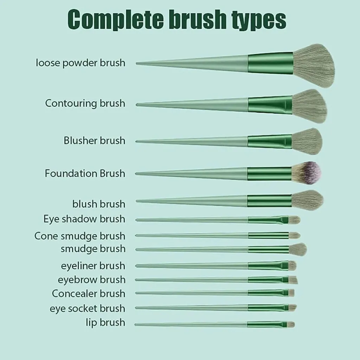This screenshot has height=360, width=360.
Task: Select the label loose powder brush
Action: click(x=81, y=63)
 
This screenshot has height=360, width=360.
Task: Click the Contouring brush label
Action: click(x=85, y=103)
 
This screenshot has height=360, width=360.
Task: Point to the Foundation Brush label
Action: click(x=85, y=173)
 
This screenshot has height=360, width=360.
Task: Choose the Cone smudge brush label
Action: click(x=80, y=236)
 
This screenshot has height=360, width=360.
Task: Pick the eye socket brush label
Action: click(x=87, y=308)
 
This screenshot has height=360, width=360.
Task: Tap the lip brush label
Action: click(x=105, y=322)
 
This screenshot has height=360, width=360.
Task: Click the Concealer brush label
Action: click(x=89, y=293)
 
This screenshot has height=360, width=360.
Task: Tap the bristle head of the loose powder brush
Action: click(x=314, y=65)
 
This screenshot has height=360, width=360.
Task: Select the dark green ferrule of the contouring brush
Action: click(x=270, y=104)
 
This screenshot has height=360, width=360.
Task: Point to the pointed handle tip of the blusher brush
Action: click(x=138, y=142)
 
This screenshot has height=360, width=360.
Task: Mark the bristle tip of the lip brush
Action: click(x=291, y=324)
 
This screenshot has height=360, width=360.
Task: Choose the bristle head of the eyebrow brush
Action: click(x=294, y=280)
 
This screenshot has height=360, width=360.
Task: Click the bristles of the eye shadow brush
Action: click(x=295, y=220)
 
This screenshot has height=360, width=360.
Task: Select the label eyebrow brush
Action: click(x=91, y=280)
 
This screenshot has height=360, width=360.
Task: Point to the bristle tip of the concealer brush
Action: click(x=291, y=292)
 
